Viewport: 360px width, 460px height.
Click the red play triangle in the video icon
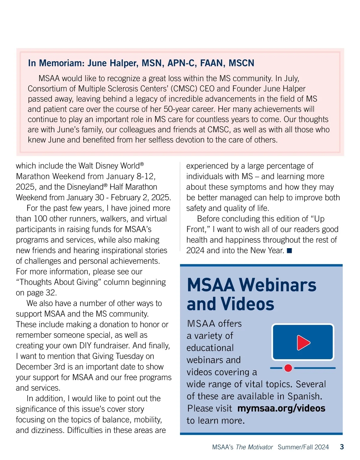click(303, 343)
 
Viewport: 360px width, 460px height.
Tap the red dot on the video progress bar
click(288, 368)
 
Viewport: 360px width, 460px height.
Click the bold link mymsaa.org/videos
click(281, 408)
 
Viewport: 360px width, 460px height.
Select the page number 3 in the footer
click(342, 447)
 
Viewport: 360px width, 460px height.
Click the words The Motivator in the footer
click(254, 447)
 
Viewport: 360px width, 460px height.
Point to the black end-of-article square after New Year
click(289, 251)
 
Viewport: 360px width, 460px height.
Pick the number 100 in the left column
click(40, 219)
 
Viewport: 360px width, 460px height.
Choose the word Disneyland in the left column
click(85, 187)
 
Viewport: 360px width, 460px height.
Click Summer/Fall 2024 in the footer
click(303, 447)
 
